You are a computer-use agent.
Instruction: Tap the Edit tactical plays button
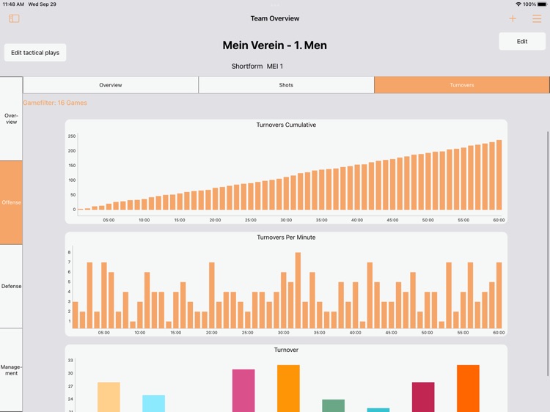pyautogui.click(x=35, y=53)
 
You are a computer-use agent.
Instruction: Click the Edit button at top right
pyautogui.click(x=521, y=41)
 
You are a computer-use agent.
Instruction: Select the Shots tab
pyautogui.click(x=286, y=85)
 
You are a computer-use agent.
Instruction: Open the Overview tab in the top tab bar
pyautogui.click(x=111, y=85)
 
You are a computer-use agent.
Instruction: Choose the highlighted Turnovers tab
pyautogui.click(x=461, y=85)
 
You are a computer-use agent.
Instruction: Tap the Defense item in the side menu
pyautogui.click(x=11, y=286)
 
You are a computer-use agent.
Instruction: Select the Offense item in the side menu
pyautogui.click(x=11, y=202)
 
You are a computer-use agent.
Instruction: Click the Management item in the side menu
pyautogui.click(x=11, y=370)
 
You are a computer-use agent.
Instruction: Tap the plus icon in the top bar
pyautogui.click(x=513, y=19)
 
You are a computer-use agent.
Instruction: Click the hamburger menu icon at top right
pyautogui.click(x=537, y=19)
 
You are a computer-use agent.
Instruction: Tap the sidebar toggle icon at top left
pyautogui.click(x=14, y=19)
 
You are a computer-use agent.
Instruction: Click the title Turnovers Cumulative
pyautogui.click(x=286, y=125)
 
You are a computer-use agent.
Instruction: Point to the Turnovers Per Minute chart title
pyautogui.click(x=286, y=238)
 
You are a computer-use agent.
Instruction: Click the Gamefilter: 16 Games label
pyautogui.click(x=55, y=103)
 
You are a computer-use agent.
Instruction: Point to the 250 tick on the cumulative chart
pyautogui.click(x=72, y=136)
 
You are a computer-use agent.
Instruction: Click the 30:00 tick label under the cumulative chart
pyautogui.click(x=286, y=220)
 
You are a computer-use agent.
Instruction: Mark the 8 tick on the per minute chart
pyautogui.click(x=70, y=252)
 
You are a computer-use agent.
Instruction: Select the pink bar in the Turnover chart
pyautogui.click(x=243, y=391)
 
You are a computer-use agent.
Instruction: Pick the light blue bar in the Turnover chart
pyautogui.click(x=153, y=403)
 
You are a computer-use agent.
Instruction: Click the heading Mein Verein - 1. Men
pyautogui.click(x=275, y=45)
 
